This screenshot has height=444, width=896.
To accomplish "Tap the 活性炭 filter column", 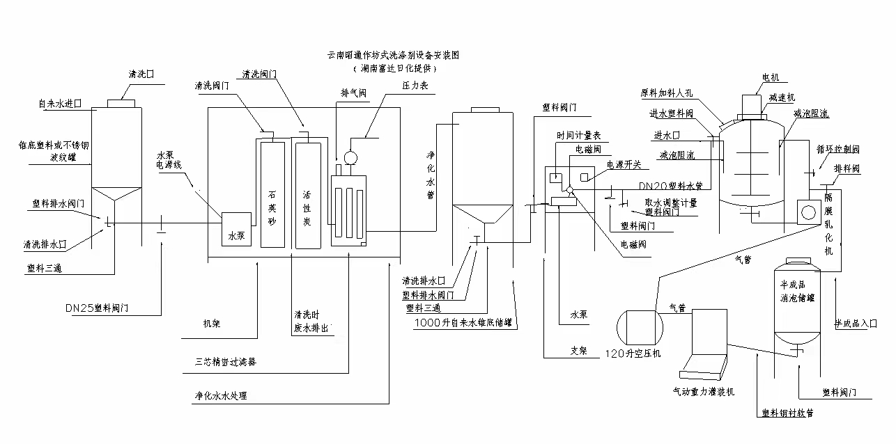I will tap(307, 195).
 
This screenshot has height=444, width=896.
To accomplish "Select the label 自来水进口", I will tap(61, 104).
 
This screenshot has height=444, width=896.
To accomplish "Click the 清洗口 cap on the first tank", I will tap(121, 103).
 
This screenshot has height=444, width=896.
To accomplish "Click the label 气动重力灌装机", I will tap(703, 392).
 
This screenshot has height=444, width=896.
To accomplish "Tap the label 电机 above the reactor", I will tap(771, 77).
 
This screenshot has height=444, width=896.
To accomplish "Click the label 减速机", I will tap(782, 98).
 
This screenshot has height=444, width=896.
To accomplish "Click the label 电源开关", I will tap(624, 165).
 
